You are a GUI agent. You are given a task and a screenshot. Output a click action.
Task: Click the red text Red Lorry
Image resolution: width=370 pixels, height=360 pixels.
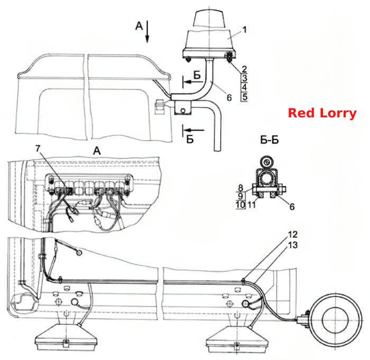click(x=322, y=113)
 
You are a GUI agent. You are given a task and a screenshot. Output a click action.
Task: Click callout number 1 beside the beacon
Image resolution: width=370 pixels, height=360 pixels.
click(x=244, y=30)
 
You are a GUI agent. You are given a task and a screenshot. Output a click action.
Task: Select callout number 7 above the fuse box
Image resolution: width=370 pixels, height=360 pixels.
click(x=38, y=149)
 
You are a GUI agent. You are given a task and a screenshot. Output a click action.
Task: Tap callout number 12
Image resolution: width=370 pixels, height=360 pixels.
click(x=293, y=234)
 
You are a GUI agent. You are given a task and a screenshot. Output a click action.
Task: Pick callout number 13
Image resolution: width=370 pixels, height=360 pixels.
click(x=293, y=245)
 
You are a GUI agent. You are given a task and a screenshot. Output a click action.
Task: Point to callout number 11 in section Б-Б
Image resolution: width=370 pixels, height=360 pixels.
click(x=252, y=205)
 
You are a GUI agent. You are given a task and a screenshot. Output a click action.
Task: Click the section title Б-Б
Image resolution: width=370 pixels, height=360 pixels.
click(x=270, y=140)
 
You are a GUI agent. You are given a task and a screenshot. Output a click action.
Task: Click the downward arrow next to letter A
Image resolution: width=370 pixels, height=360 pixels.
click(x=147, y=32)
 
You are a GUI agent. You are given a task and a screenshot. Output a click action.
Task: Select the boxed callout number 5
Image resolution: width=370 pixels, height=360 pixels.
click(x=244, y=97)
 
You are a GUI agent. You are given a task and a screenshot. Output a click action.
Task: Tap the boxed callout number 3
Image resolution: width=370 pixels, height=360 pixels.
click(x=244, y=78)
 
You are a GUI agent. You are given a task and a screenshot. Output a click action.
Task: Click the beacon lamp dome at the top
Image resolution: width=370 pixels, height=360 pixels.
click(x=209, y=19)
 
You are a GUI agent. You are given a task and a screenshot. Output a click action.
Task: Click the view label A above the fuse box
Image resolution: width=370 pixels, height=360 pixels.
click(x=97, y=151)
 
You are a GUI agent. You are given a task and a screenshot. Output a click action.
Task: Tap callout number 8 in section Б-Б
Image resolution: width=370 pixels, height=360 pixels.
click(x=240, y=188)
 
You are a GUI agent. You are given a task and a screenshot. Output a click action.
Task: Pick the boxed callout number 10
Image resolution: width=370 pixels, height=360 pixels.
click(x=240, y=205)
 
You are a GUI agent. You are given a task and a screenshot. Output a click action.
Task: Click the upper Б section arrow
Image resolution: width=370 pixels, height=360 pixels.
click(x=193, y=82)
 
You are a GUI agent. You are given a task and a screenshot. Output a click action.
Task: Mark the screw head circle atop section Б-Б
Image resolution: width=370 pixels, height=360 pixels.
click(x=266, y=162)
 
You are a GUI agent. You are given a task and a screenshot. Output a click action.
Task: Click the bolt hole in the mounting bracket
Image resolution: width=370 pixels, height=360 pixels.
click(x=182, y=110)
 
